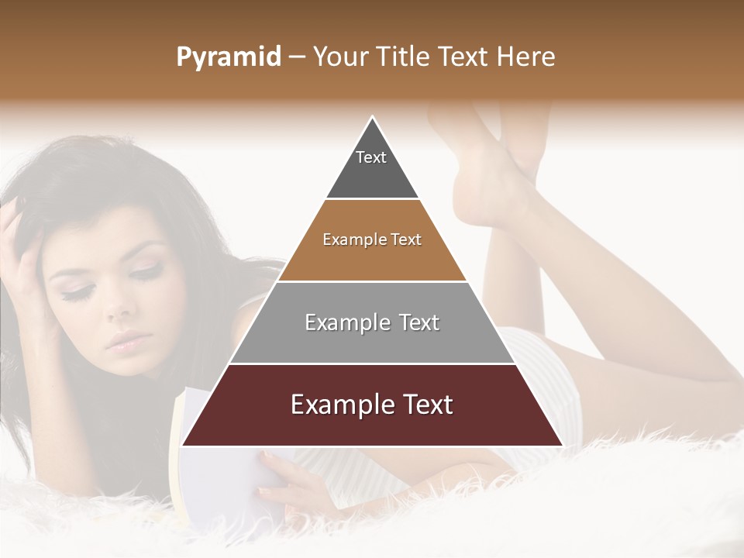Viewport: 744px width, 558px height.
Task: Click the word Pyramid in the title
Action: (x=228, y=57)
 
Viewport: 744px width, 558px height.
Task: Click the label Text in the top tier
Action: (x=370, y=157)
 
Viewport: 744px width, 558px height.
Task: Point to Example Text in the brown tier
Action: (x=372, y=239)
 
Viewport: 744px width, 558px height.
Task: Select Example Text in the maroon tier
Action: (x=372, y=405)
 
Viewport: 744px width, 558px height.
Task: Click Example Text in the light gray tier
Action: (x=372, y=322)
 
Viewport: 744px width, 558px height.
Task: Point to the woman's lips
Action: (x=128, y=339)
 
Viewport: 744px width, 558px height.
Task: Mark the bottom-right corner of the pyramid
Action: (x=562, y=446)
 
